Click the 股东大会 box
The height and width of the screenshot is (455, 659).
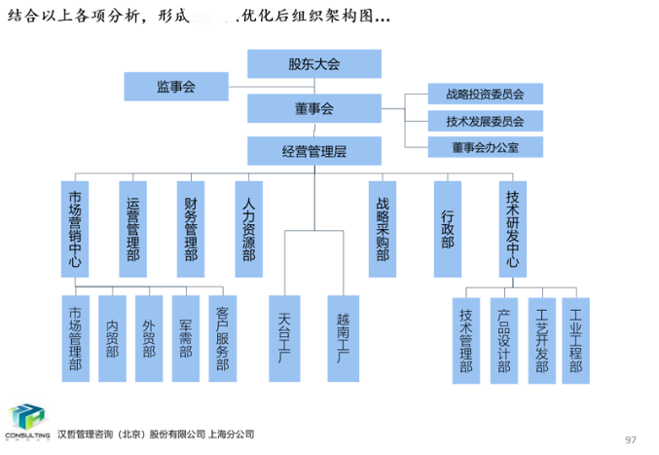pos(313,64)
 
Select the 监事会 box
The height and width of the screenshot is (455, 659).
pos(175,87)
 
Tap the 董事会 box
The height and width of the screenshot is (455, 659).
pos(313,109)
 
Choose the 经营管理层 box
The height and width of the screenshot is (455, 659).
pos(313,151)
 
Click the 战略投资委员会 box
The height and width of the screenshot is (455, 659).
pos(485,95)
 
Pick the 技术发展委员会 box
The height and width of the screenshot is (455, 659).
pos(485,122)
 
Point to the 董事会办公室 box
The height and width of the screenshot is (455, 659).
pos(485,148)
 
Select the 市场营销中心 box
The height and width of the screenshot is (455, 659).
pos(75,228)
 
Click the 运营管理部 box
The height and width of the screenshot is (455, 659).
pos(133,228)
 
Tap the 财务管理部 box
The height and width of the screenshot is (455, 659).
pos(191,228)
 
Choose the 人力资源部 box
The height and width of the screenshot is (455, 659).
pos(248,228)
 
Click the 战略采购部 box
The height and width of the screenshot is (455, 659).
pos(382,228)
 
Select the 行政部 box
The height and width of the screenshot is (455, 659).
pos(447,228)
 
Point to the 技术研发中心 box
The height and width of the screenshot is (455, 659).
pos(513,228)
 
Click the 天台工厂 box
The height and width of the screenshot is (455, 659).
pos(284,338)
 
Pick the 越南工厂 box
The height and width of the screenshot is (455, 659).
pos(343,338)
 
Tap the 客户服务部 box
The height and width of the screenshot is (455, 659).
pos(222,338)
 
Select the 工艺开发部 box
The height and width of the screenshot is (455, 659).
pos(540,338)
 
